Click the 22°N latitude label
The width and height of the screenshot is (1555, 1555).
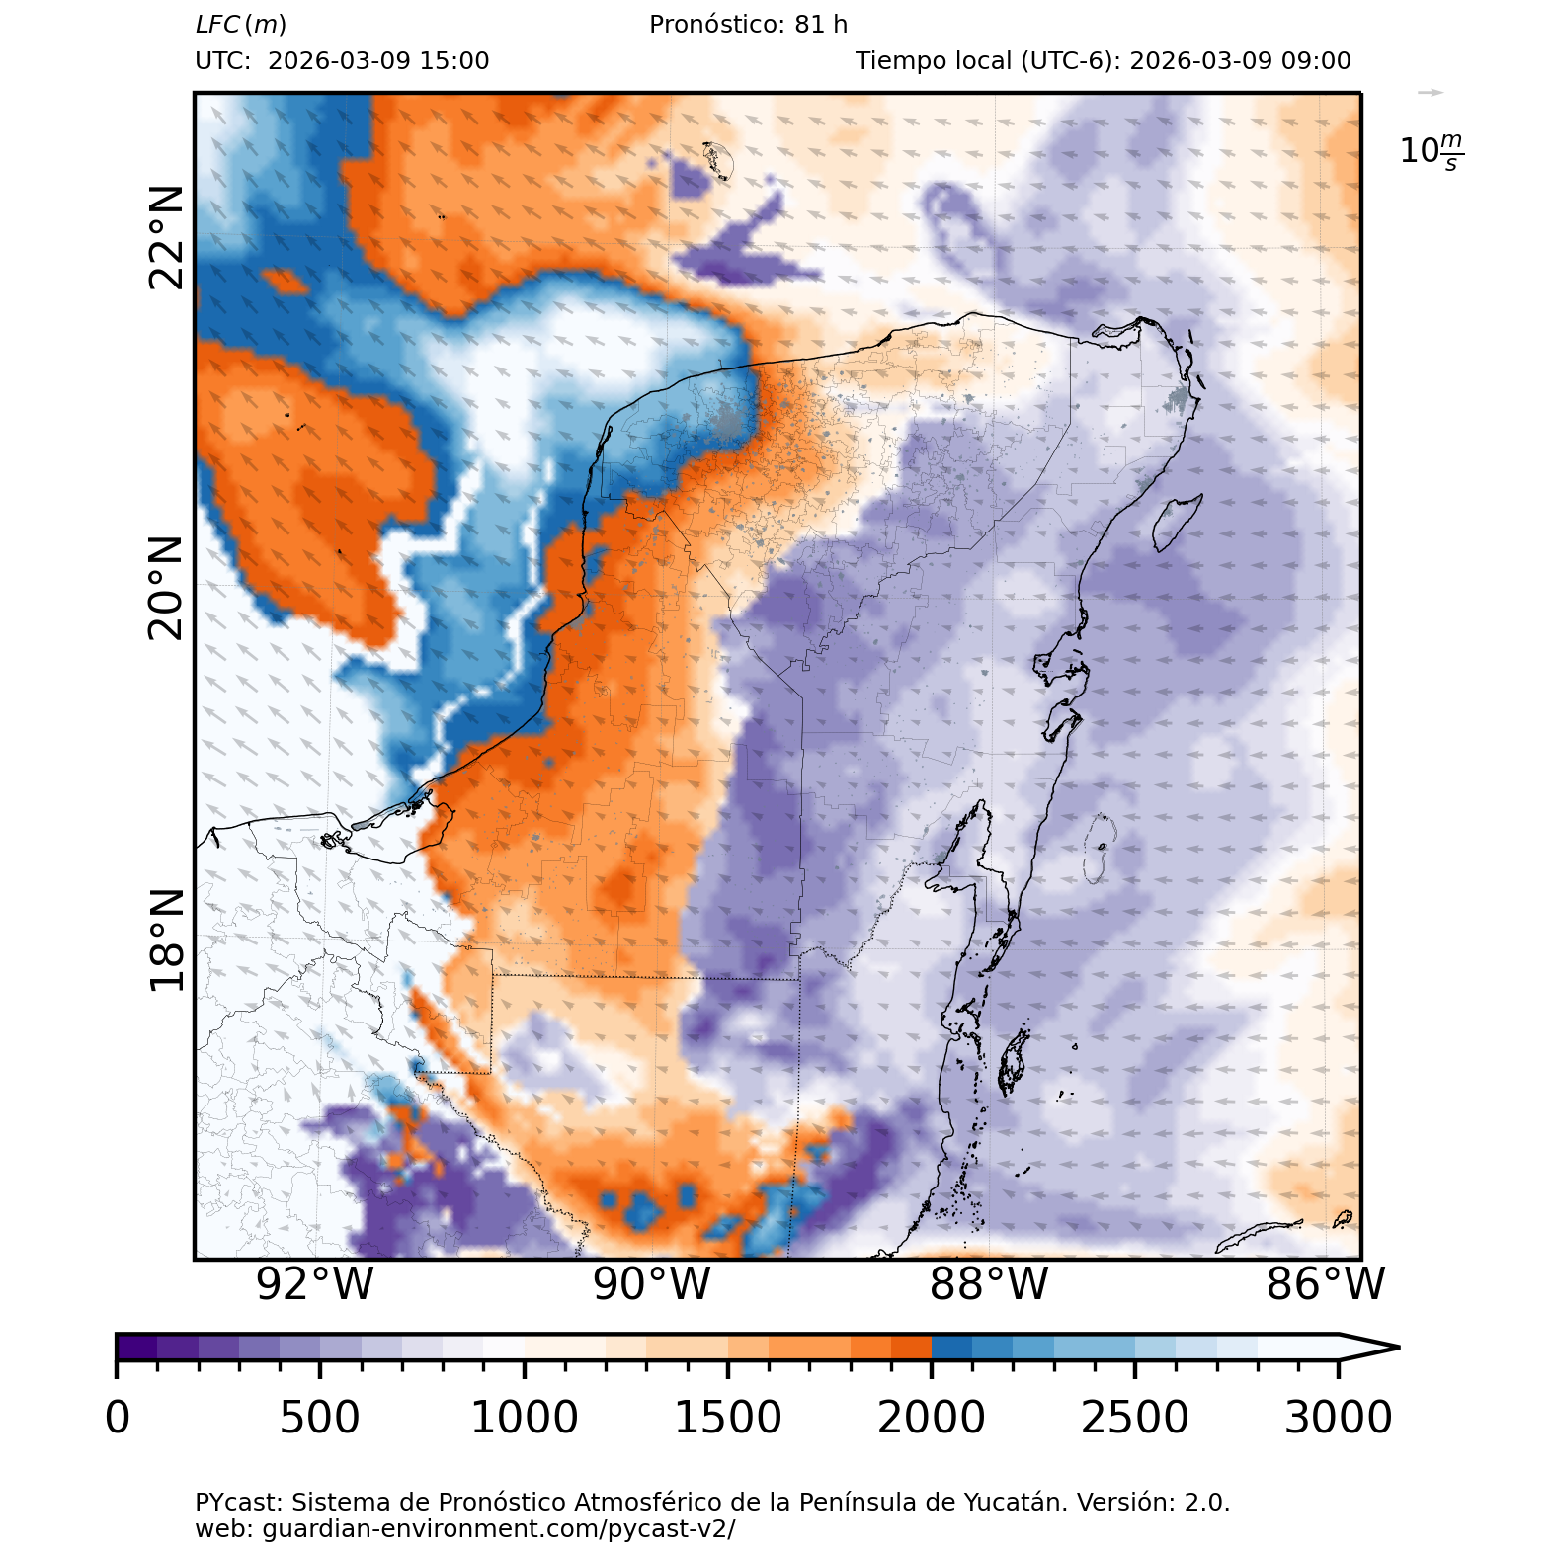(x=167, y=237)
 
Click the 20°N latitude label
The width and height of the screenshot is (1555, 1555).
(x=167, y=589)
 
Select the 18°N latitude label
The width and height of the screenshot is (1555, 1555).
(x=167, y=940)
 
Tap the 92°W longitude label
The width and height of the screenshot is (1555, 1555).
(x=315, y=1284)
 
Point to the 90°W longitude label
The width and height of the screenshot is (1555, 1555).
(x=652, y=1284)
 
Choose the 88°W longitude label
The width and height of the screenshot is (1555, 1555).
(x=989, y=1284)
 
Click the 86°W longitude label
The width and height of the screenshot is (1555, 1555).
(x=1326, y=1284)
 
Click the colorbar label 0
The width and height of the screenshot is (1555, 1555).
(x=118, y=1418)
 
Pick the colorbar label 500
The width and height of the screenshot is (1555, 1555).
(x=320, y=1418)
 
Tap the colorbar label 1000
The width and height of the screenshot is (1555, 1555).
(x=524, y=1418)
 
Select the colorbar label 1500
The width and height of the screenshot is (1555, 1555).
(x=728, y=1418)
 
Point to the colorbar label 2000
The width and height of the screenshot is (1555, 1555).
(x=932, y=1418)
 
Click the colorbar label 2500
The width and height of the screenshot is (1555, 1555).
(x=1135, y=1418)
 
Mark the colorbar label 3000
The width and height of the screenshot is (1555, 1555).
(x=1339, y=1418)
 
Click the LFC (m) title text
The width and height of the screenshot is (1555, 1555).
(x=241, y=25)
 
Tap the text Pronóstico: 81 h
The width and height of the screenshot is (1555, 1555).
(x=748, y=25)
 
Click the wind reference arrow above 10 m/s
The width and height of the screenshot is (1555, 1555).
(x=1431, y=93)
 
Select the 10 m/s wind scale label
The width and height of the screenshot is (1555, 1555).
(x=1432, y=151)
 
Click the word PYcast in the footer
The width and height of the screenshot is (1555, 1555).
(x=238, y=1503)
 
